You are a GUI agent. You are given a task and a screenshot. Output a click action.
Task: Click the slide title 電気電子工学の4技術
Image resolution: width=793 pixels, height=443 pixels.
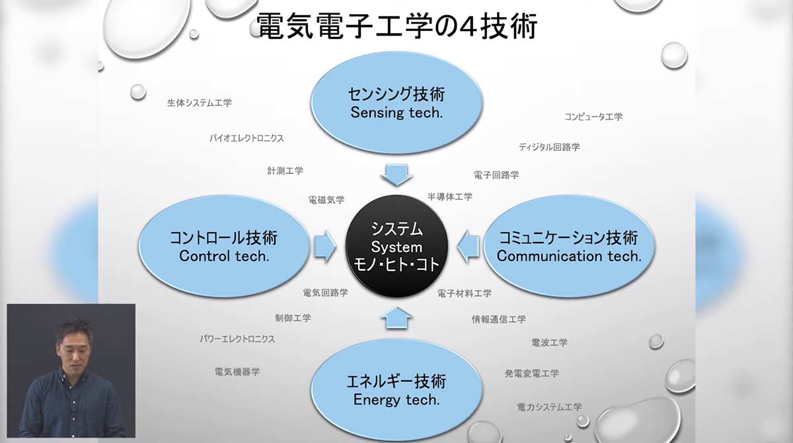pyautogui.click(x=397, y=26)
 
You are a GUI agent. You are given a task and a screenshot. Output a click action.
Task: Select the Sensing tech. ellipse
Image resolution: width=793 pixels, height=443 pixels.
pyautogui.click(x=397, y=103)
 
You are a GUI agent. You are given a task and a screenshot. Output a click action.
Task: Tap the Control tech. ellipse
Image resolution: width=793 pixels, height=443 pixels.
pyautogui.click(x=224, y=247)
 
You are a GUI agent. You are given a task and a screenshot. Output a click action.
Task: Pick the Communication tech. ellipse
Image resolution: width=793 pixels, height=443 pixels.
pyautogui.click(x=569, y=247)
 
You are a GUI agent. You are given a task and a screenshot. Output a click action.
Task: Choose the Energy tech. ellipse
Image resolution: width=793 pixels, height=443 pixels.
pyautogui.click(x=397, y=390)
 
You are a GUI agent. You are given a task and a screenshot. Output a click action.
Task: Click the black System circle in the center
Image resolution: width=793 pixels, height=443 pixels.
pyautogui.click(x=397, y=247)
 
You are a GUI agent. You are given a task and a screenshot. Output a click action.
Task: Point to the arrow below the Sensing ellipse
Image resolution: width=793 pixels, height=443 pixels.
pyautogui.click(x=397, y=175)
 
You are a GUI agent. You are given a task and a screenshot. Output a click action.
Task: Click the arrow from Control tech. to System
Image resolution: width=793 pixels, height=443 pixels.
pyautogui.click(x=325, y=247)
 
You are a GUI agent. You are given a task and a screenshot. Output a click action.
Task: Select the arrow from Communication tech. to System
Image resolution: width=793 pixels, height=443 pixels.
pyautogui.click(x=468, y=247)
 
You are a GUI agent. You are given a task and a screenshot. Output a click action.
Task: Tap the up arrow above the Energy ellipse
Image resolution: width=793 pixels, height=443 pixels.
pyautogui.click(x=397, y=318)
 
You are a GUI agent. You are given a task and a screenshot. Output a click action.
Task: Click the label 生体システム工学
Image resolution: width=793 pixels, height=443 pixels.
pyautogui.click(x=200, y=103)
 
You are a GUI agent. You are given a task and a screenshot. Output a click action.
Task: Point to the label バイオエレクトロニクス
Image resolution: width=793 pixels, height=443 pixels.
pyautogui.click(x=246, y=138)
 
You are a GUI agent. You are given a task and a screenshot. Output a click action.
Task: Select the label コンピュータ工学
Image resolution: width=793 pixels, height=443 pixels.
pyautogui.click(x=593, y=116)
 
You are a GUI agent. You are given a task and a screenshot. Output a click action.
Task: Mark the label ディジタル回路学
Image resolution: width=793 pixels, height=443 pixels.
pyautogui.click(x=549, y=147)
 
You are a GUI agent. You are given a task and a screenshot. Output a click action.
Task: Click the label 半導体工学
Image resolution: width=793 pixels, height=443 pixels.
pyautogui.click(x=450, y=197)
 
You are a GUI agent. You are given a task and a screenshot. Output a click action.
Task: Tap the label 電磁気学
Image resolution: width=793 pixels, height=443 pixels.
pyautogui.click(x=326, y=200)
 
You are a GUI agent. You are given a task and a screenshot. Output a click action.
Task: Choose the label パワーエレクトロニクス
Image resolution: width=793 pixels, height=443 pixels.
pyautogui.click(x=237, y=339)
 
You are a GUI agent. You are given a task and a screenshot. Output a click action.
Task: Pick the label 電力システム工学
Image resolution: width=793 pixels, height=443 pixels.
pyautogui.click(x=549, y=407)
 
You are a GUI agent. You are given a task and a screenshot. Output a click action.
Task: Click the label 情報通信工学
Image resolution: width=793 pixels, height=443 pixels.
pyautogui.click(x=499, y=319)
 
